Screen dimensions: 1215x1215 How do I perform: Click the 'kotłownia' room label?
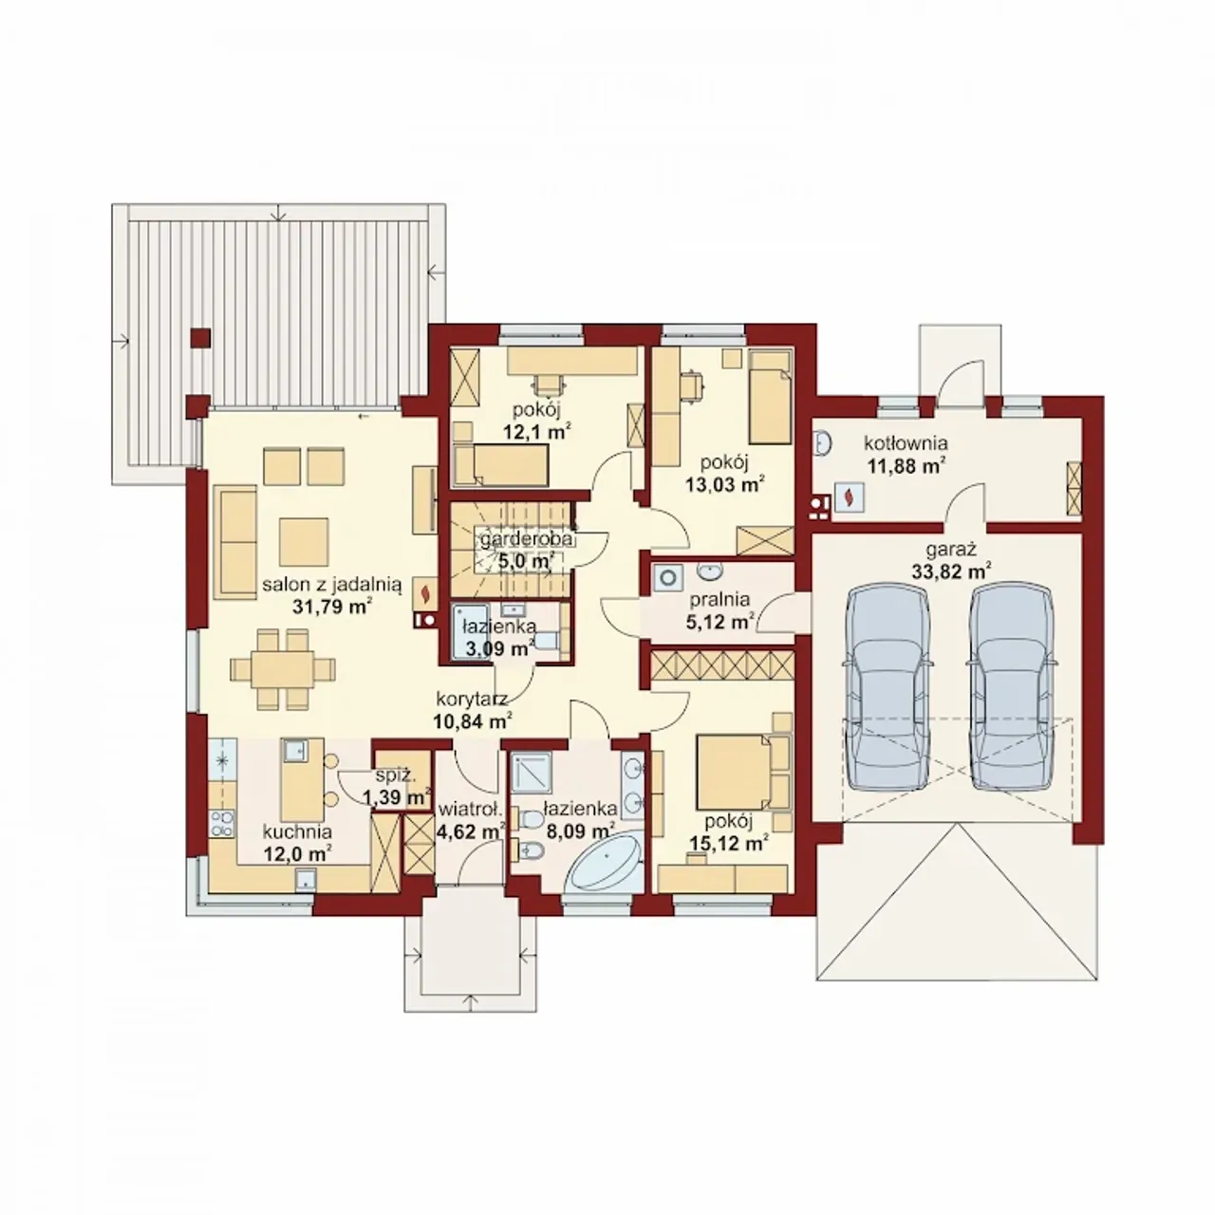pos(906,442)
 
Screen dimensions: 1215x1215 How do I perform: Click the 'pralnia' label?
pos(719,599)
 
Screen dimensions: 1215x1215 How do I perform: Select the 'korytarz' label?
pos(472,700)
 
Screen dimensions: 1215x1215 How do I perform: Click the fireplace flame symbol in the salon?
pos(425,593)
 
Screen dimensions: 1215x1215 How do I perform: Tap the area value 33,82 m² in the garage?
pos(951,571)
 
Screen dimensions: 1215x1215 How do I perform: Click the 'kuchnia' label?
pos(297,832)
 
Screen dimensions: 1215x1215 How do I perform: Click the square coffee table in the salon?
pos(304,542)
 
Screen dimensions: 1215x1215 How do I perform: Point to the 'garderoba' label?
pos(527,539)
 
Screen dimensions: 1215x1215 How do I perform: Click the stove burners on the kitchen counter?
pos(222,824)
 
